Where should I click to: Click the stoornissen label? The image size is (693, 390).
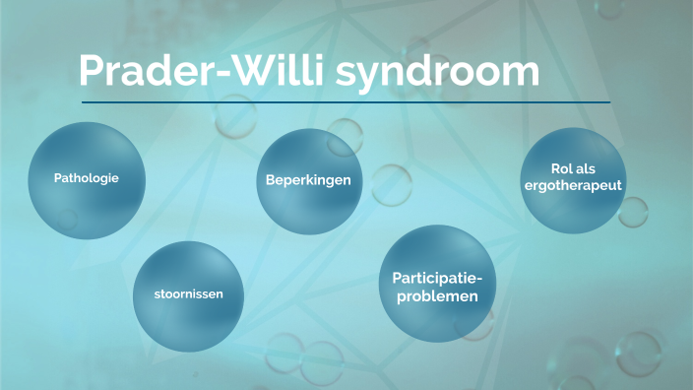click(187, 294)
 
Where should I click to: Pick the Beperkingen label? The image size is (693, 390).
click(308, 180)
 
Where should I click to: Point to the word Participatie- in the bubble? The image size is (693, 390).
click(438, 278)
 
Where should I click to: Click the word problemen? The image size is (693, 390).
click(438, 295)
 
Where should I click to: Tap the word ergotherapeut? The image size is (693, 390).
click(572, 184)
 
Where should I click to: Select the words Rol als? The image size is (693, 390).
click(572, 168)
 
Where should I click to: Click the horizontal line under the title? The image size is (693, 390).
click(345, 101)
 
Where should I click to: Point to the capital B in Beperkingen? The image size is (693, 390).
click(271, 180)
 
